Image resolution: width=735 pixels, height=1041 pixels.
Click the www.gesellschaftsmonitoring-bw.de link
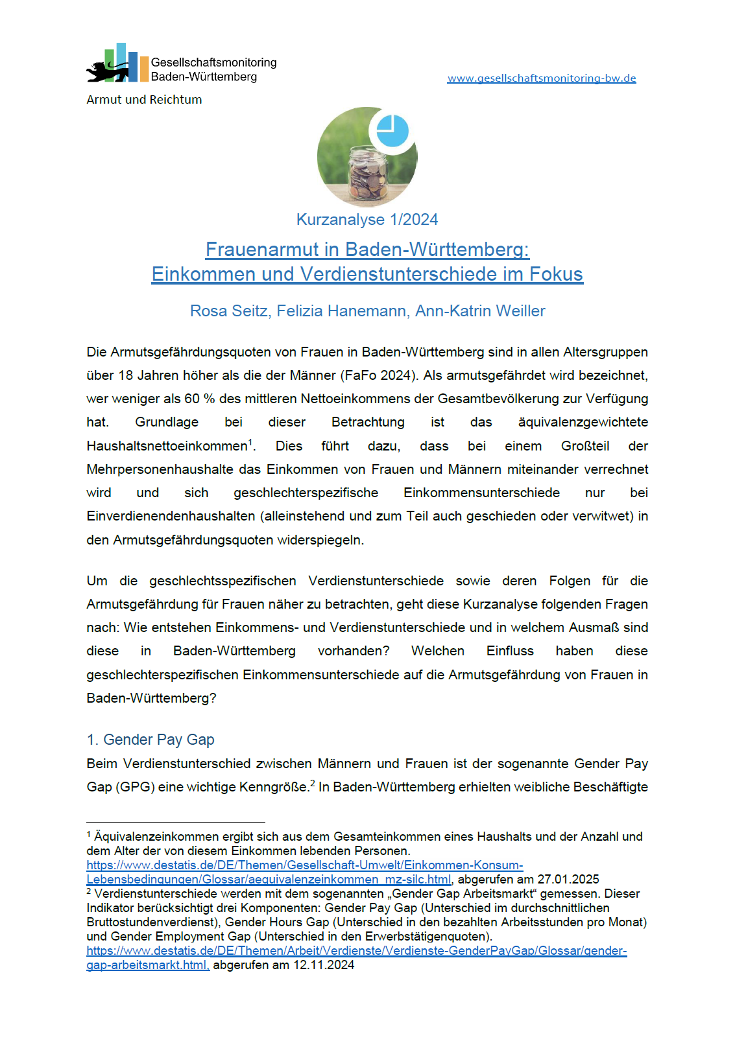(x=541, y=78)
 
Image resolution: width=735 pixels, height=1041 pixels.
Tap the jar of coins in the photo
(x=368, y=174)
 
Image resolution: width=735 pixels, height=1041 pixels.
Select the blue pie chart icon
(x=392, y=131)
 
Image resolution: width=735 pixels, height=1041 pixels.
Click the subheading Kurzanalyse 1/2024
(x=367, y=220)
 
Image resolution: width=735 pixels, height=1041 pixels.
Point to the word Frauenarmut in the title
(x=272, y=250)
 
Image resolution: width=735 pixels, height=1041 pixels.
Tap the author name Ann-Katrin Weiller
(x=480, y=311)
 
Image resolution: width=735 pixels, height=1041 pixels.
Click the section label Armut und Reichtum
(x=144, y=100)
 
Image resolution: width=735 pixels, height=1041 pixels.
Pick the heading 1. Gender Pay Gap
(x=151, y=740)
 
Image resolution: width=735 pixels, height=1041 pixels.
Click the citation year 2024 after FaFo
(x=396, y=375)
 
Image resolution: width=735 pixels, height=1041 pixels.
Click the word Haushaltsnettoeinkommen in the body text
(x=167, y=446)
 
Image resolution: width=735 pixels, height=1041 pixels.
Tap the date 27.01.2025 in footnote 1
(x=568, y=880)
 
